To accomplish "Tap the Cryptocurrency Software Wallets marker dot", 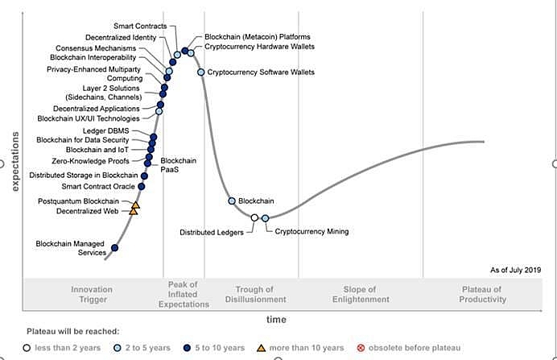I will pyautogui.click(x=201, y=72).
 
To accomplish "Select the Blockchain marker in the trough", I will pyautogui.click(x=232, y=201).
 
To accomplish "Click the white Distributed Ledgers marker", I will pyautogui.click(x=254, y=217).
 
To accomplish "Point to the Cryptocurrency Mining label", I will pyautogui.click(x=312, y=232).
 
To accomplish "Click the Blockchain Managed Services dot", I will pyautogui.click(x=114, y=247).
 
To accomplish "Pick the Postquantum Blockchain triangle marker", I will pyautogui.click(x=135, y=205).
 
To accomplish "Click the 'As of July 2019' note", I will pyautogui.click(x=517, y=270).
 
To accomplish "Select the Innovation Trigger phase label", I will pyautogui.click(x=92, y=294).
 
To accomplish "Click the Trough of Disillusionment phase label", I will pyautogui.click(x=254, y=294).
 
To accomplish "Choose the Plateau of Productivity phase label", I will pyautogui.click(x=484, y=294).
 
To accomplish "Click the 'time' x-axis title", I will pyautogui.click(x=276, y=320).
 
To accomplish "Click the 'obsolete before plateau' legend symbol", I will pyautogui.click(x=361, y=348).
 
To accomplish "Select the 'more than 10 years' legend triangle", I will pyautogui.click(x=260, y=348).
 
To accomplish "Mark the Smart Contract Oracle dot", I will pyautogui.click(x=142, y=187).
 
